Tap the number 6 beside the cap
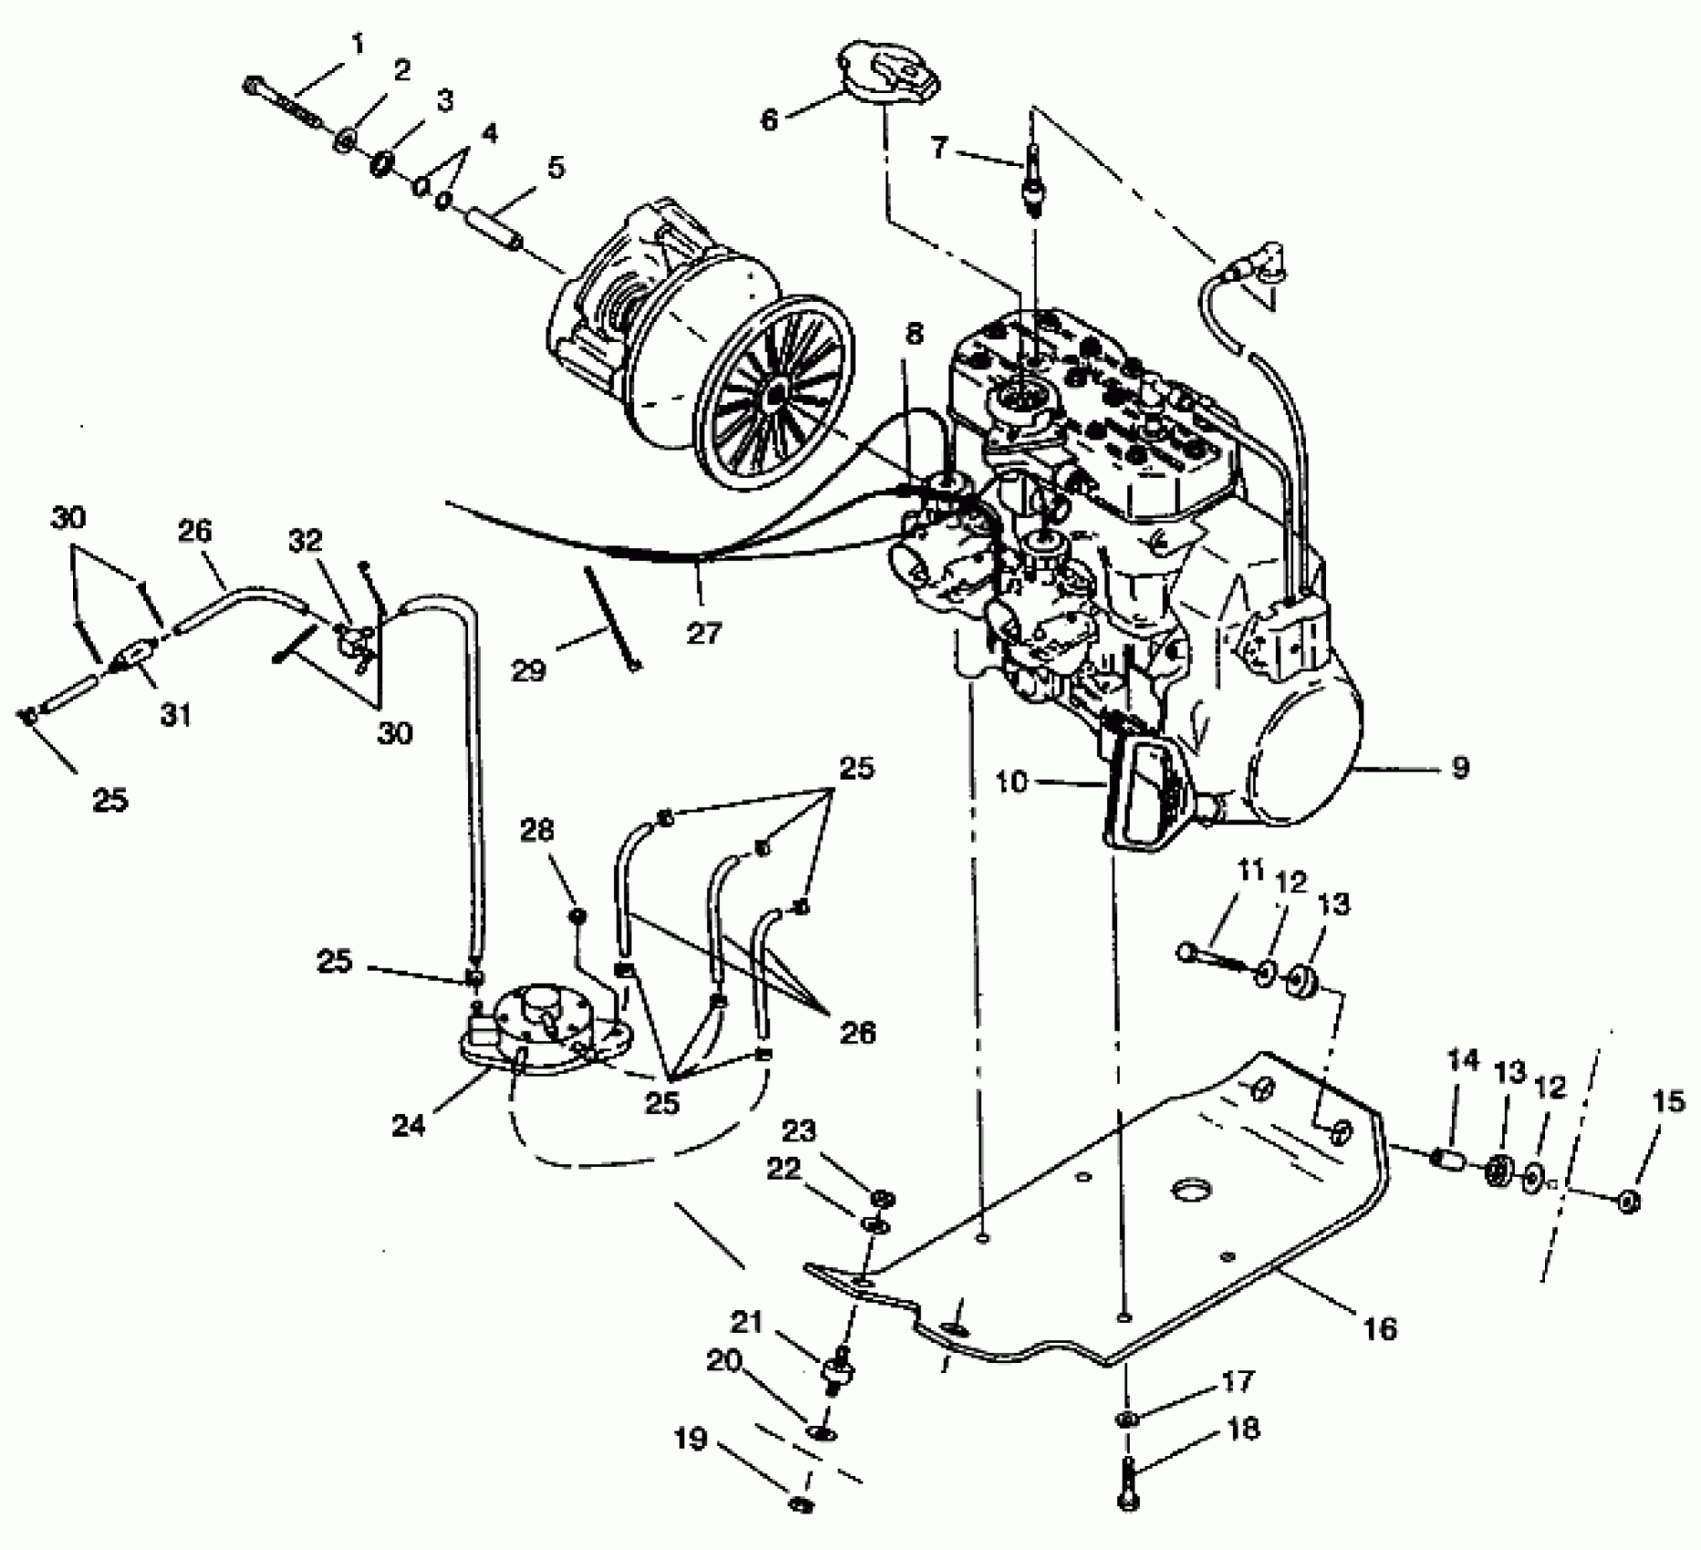coord(770,119)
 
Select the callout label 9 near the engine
coord(1460,767)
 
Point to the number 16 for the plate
coord(1381,1328)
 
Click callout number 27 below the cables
coord(704,632)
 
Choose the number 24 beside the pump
coord(409,1126)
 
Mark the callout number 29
coord(528,671)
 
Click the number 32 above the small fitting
coord(306,541)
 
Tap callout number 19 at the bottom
coord(690,1439)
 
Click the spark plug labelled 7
coord(1033,182)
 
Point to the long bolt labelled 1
coord(283,104)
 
